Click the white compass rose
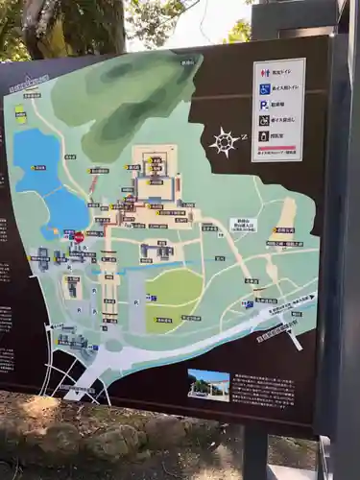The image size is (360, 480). [224, 142]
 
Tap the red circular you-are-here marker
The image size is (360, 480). [79, 236]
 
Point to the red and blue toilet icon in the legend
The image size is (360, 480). [264, 73]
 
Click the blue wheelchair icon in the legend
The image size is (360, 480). [264, 88]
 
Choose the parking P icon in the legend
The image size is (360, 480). [264, 105]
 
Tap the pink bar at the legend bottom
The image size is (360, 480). [278, 151]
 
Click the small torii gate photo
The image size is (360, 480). [207, 384]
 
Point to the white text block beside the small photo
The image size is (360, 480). [262, 390]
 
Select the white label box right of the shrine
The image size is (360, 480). [243, 224]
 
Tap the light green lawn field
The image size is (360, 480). [174, 288]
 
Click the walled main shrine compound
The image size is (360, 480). [155, 177]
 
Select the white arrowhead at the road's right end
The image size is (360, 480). [310, 299]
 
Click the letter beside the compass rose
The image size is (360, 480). [244, 136]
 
